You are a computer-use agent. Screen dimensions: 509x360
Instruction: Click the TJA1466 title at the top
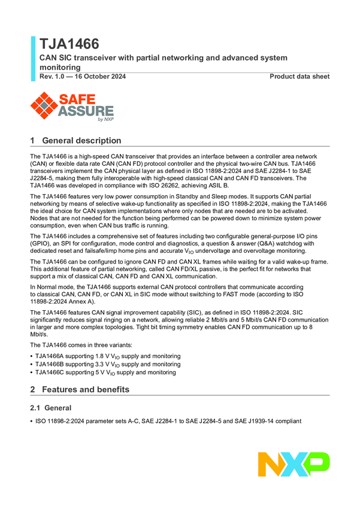click(x=69, y=44)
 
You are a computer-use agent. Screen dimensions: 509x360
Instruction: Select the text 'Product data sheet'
click(x=300, y=77)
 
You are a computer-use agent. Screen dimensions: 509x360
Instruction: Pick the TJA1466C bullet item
click(x=105, y=372)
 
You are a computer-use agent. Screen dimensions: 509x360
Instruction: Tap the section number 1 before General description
click(x=32, y=141)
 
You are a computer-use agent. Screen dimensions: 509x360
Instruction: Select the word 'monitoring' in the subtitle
click(x=60, y=68)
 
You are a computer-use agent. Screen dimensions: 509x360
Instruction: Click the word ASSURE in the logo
click(x=86, y=111)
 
